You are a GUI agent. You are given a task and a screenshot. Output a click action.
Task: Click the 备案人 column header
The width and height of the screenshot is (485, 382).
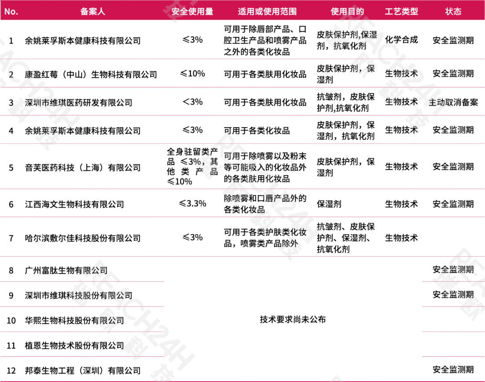tap(93, 11)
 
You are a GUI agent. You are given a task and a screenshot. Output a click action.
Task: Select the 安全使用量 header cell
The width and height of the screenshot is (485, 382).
tap(193, 11)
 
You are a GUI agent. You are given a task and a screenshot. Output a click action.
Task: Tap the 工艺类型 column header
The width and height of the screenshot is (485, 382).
tap(401, 11)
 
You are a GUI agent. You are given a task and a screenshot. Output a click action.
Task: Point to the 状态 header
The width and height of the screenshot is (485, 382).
tap(453, 11)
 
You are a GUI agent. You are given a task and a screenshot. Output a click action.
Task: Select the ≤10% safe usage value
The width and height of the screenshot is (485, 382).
tap(192, 73)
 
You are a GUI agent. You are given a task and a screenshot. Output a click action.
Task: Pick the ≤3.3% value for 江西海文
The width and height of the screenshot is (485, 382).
tap(192, 204)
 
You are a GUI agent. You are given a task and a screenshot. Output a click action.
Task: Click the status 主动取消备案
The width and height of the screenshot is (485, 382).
tap(453, 102)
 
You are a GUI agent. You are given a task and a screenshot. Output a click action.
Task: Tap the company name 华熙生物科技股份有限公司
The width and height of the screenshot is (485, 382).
tap(74, 320)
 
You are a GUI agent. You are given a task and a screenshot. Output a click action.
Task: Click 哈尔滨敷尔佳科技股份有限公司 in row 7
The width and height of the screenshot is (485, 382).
tap(83, 238)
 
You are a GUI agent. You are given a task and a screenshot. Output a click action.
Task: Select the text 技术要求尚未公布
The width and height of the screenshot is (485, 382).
tap(293, 320)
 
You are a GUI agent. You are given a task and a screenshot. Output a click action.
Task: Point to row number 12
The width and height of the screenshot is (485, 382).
tap(11, 370)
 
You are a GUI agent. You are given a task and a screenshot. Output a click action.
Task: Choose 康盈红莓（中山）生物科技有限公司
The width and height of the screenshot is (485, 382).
tap(91, 74)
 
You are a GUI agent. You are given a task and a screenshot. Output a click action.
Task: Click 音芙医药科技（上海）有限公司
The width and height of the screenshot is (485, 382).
tap(83, 168)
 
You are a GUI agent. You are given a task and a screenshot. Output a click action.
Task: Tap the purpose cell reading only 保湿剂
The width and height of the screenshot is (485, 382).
tap(329, 204)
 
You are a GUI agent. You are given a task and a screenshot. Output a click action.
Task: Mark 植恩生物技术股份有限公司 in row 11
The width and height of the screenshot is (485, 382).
tap(74, 346)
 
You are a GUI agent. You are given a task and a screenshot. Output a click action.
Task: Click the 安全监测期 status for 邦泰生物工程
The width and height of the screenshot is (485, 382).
tap(453, 370)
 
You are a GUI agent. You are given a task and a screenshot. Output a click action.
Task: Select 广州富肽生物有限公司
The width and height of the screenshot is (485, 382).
tap(66, 271)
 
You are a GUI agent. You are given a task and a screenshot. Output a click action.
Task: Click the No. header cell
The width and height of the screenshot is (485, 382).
tap(11, 11)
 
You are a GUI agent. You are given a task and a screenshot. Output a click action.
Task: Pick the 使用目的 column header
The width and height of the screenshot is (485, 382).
tap(347, 11)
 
